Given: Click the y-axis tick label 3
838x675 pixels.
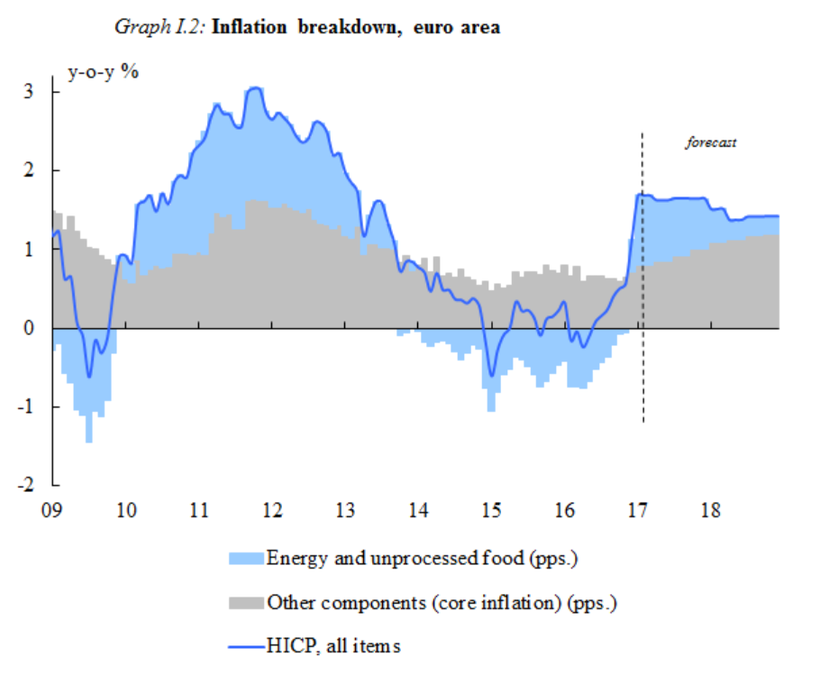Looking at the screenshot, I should [x=29, y=92].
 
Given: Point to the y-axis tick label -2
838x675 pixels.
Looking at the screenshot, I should [x=25, y=486].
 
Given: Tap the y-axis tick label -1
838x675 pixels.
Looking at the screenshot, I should [x=25, y=407].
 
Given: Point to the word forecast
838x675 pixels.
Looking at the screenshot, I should [x=711, y=141].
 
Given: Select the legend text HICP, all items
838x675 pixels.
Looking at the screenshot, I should [x=333, y=645].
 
